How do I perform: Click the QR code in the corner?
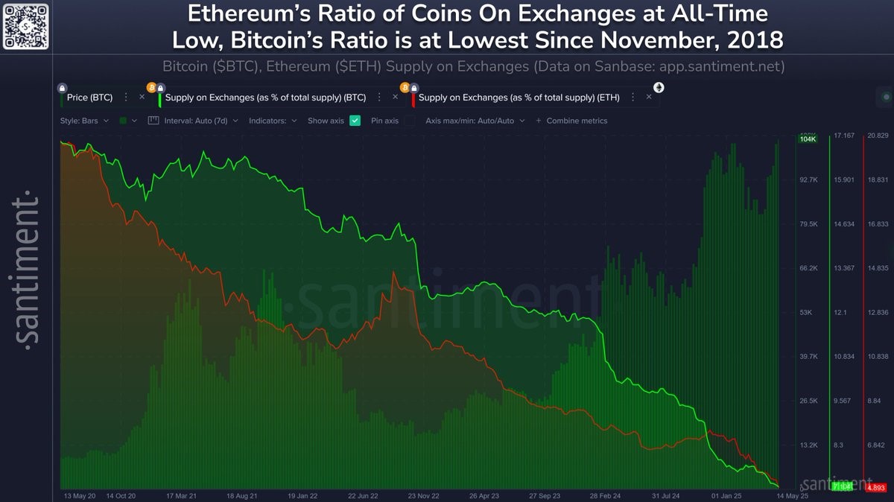coord(26,25)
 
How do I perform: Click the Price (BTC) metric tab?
coord(89,97)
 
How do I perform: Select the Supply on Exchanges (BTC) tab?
coord(265,97)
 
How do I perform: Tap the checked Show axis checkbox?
coord(355,121)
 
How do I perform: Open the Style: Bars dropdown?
coord(84,121)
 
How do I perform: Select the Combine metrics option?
coord(577,121)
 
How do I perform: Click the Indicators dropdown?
coord(273,121)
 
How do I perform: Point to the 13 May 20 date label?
coord(80,495)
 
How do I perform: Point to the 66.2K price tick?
coord(808,268)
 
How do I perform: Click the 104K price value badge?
coord(807,139)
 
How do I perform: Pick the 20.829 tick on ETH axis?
coord(878,136)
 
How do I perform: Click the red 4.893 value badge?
coord(876,487)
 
